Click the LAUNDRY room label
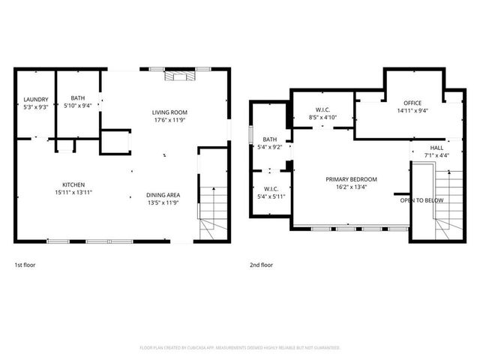(x=36, y=99)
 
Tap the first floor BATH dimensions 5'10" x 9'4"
(x=78, y=106)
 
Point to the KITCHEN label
(x=73, y=184)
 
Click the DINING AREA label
(x=163, y=195)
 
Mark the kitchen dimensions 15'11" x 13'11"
(x=73, y=192)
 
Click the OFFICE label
(x=412, y=103)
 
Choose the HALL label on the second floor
(x=436, y=148)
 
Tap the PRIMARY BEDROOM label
(x=351, y=179)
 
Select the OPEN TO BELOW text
(x=421, y=201)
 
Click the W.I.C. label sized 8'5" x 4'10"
(x=323, y=110)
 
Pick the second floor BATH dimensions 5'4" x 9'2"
(x=270, y=147)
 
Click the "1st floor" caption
(x=25, y=265)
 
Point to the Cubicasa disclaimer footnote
(x=240, y=347)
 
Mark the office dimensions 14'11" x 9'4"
(x=412, y=110)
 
